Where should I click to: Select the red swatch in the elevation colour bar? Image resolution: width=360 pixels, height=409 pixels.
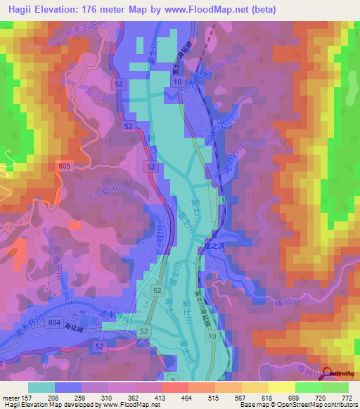[x=174, y=387]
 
